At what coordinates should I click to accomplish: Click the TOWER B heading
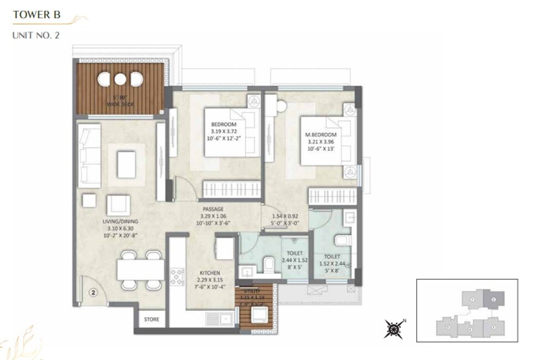pyautogui.click(x=37, y=15)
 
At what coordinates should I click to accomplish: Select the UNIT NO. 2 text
pyautogui.click(x=35, y=35)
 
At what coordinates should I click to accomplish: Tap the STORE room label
pyautogui.click(x=151, y=320)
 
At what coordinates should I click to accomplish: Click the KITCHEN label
pyautogui.click(x=211, y=273)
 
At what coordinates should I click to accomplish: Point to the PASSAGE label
pyautogui.click(x=212, y=209)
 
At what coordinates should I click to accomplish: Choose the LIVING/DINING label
pyautogui.click(x=120, y=222)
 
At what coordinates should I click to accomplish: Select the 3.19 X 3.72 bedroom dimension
pyautogui.click(x=224, y=131)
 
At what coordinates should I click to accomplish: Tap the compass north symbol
pyautogui.click(x=393, y=329)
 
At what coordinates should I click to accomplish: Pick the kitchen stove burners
pyautogui.click(x=177, y=276)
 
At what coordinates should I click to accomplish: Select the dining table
pyautogui.click(x=140, y=270)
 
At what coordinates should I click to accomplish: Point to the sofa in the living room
pyautogui.click(x=90, y=156)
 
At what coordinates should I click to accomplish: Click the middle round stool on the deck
pyautogui.click(x=120, y=79)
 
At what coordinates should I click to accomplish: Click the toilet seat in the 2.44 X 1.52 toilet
pyautogui.click(x=269, y=264)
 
